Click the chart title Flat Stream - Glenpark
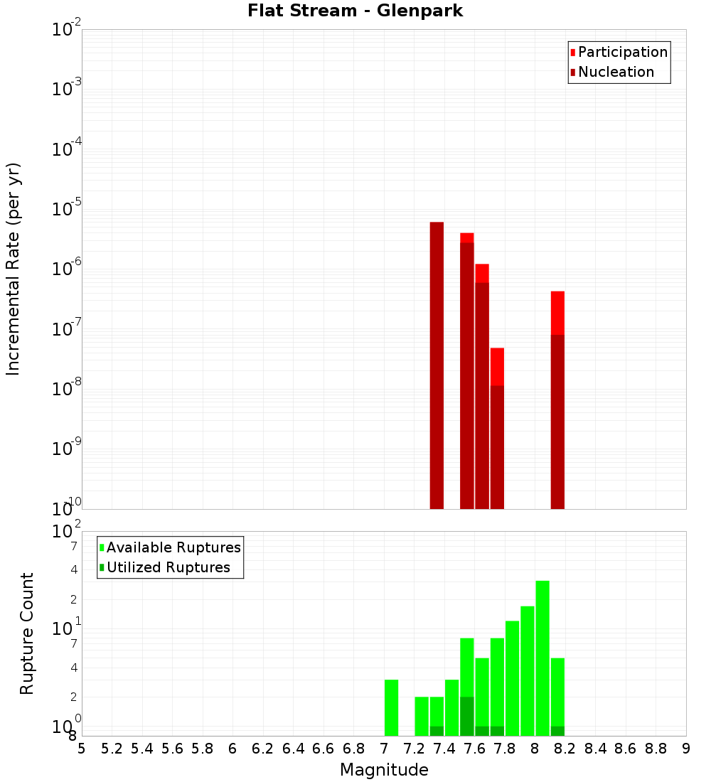click(x=355, y=11)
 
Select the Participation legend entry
click(x=619, y=52)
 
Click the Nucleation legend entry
click(x=611, y=72)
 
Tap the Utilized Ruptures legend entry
click(x=164, y=567)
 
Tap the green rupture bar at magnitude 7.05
click(x=391, y=708)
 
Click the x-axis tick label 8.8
click(x=656, y=749)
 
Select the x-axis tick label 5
click(x=82, y=749)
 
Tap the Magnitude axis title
click(x=384, y=770)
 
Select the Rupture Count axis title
click(x=27, y=633)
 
